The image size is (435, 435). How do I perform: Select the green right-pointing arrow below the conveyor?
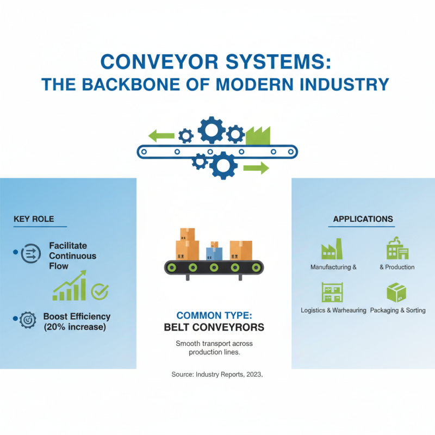point(256,167)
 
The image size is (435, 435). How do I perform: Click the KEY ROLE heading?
point(34,219)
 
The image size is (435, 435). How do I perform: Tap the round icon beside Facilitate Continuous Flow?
point(30,253)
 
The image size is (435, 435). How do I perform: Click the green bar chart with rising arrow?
point(69,287)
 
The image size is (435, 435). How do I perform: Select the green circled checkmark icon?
point(100,291)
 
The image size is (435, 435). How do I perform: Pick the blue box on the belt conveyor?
point(214,252)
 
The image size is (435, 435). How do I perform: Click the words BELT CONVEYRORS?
point(214,327)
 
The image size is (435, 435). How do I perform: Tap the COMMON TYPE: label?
point(214,315)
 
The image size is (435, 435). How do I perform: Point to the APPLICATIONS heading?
point(363,219)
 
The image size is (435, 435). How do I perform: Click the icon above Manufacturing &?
point(332,250)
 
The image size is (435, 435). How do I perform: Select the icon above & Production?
point(397,248)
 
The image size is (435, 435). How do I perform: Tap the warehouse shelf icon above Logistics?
point(331,292)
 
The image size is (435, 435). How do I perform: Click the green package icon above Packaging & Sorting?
point(396,293)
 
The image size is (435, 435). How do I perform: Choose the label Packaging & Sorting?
point(397,310)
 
